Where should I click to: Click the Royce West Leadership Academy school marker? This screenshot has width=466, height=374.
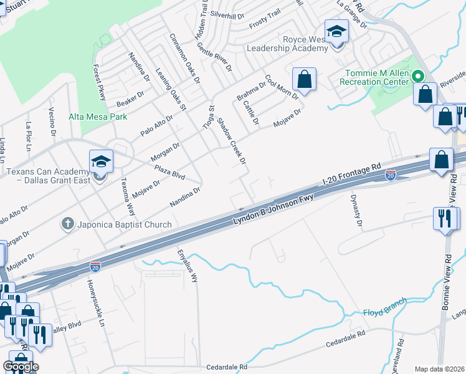[x=336, y=31]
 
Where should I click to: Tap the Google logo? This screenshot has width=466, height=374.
[x=20, y=367]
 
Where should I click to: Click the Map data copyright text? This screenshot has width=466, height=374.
[x=439, y=369]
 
